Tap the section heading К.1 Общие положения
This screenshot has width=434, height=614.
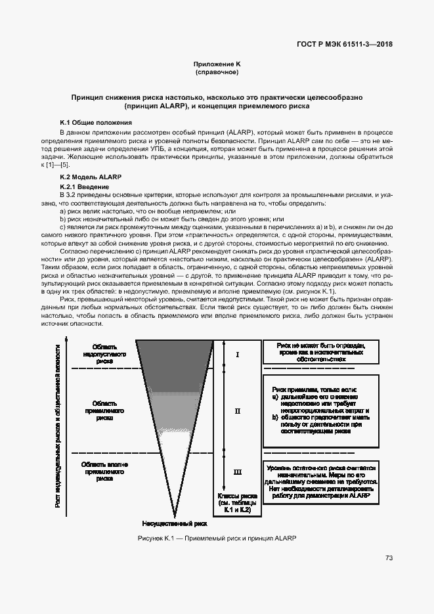point(96,123)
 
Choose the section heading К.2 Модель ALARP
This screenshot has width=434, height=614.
point(91,177)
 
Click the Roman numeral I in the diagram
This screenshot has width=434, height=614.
point(238,355)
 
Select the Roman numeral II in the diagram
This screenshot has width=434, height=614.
point(238,411)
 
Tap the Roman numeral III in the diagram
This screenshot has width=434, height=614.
point(238,471)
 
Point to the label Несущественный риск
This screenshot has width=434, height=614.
point(175,525)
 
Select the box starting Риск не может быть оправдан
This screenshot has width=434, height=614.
point(320,352)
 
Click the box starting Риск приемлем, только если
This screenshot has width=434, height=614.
point(320,410)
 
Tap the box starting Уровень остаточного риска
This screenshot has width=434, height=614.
point(320,482)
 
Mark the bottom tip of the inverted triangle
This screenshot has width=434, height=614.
point(175,516)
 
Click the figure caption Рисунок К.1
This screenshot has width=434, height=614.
point(217,538)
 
